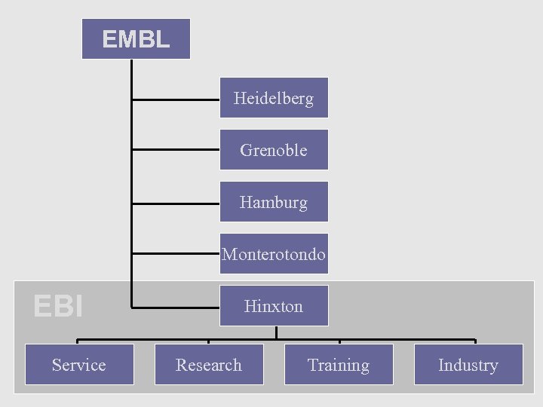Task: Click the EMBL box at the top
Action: coord(136,39)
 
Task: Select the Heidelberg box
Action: coord(274,98)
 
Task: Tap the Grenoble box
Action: coord(274,150)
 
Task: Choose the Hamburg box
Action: coord(274,202)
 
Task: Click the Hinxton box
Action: coord(274,306)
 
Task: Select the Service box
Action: coord(79,365)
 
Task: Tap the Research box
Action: coord(209,365)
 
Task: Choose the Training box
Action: coord(339,365)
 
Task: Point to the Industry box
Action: coord(468,365)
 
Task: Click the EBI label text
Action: coord(58,306)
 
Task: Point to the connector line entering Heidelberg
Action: coord(176,99)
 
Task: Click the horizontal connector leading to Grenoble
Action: coord(176,151)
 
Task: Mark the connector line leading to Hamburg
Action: coord(176,203)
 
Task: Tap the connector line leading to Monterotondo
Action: coord(176,255)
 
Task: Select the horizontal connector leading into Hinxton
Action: coord(176,307)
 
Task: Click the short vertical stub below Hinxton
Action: coord(276,332)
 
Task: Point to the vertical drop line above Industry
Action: coord(475,341)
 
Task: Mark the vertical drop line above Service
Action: coord(78,341)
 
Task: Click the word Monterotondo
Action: coord(274,254)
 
